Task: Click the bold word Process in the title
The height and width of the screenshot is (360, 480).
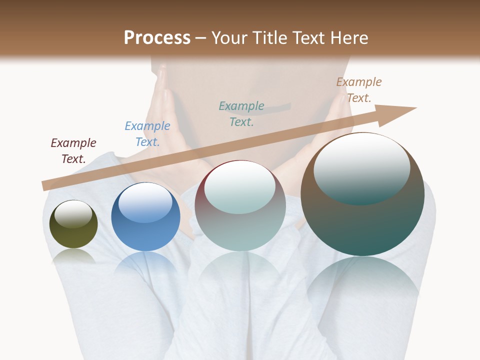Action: (157, 38)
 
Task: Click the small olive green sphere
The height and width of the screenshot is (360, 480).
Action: (73, 224)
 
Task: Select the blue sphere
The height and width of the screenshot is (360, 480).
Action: (145, 217)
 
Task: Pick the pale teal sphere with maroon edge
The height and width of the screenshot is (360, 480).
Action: (240, 205)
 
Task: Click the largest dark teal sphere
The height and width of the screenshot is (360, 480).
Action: (362, 194)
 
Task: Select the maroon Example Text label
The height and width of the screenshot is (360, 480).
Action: (73, 151)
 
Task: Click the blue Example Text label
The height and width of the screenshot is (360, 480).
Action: (147, 134)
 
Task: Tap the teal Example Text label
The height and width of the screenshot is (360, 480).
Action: (241, 113)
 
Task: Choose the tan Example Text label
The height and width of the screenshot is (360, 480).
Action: (359, 90)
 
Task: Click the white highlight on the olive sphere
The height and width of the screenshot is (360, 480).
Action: (73, 213)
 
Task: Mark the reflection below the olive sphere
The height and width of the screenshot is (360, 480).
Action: (73, 256)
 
